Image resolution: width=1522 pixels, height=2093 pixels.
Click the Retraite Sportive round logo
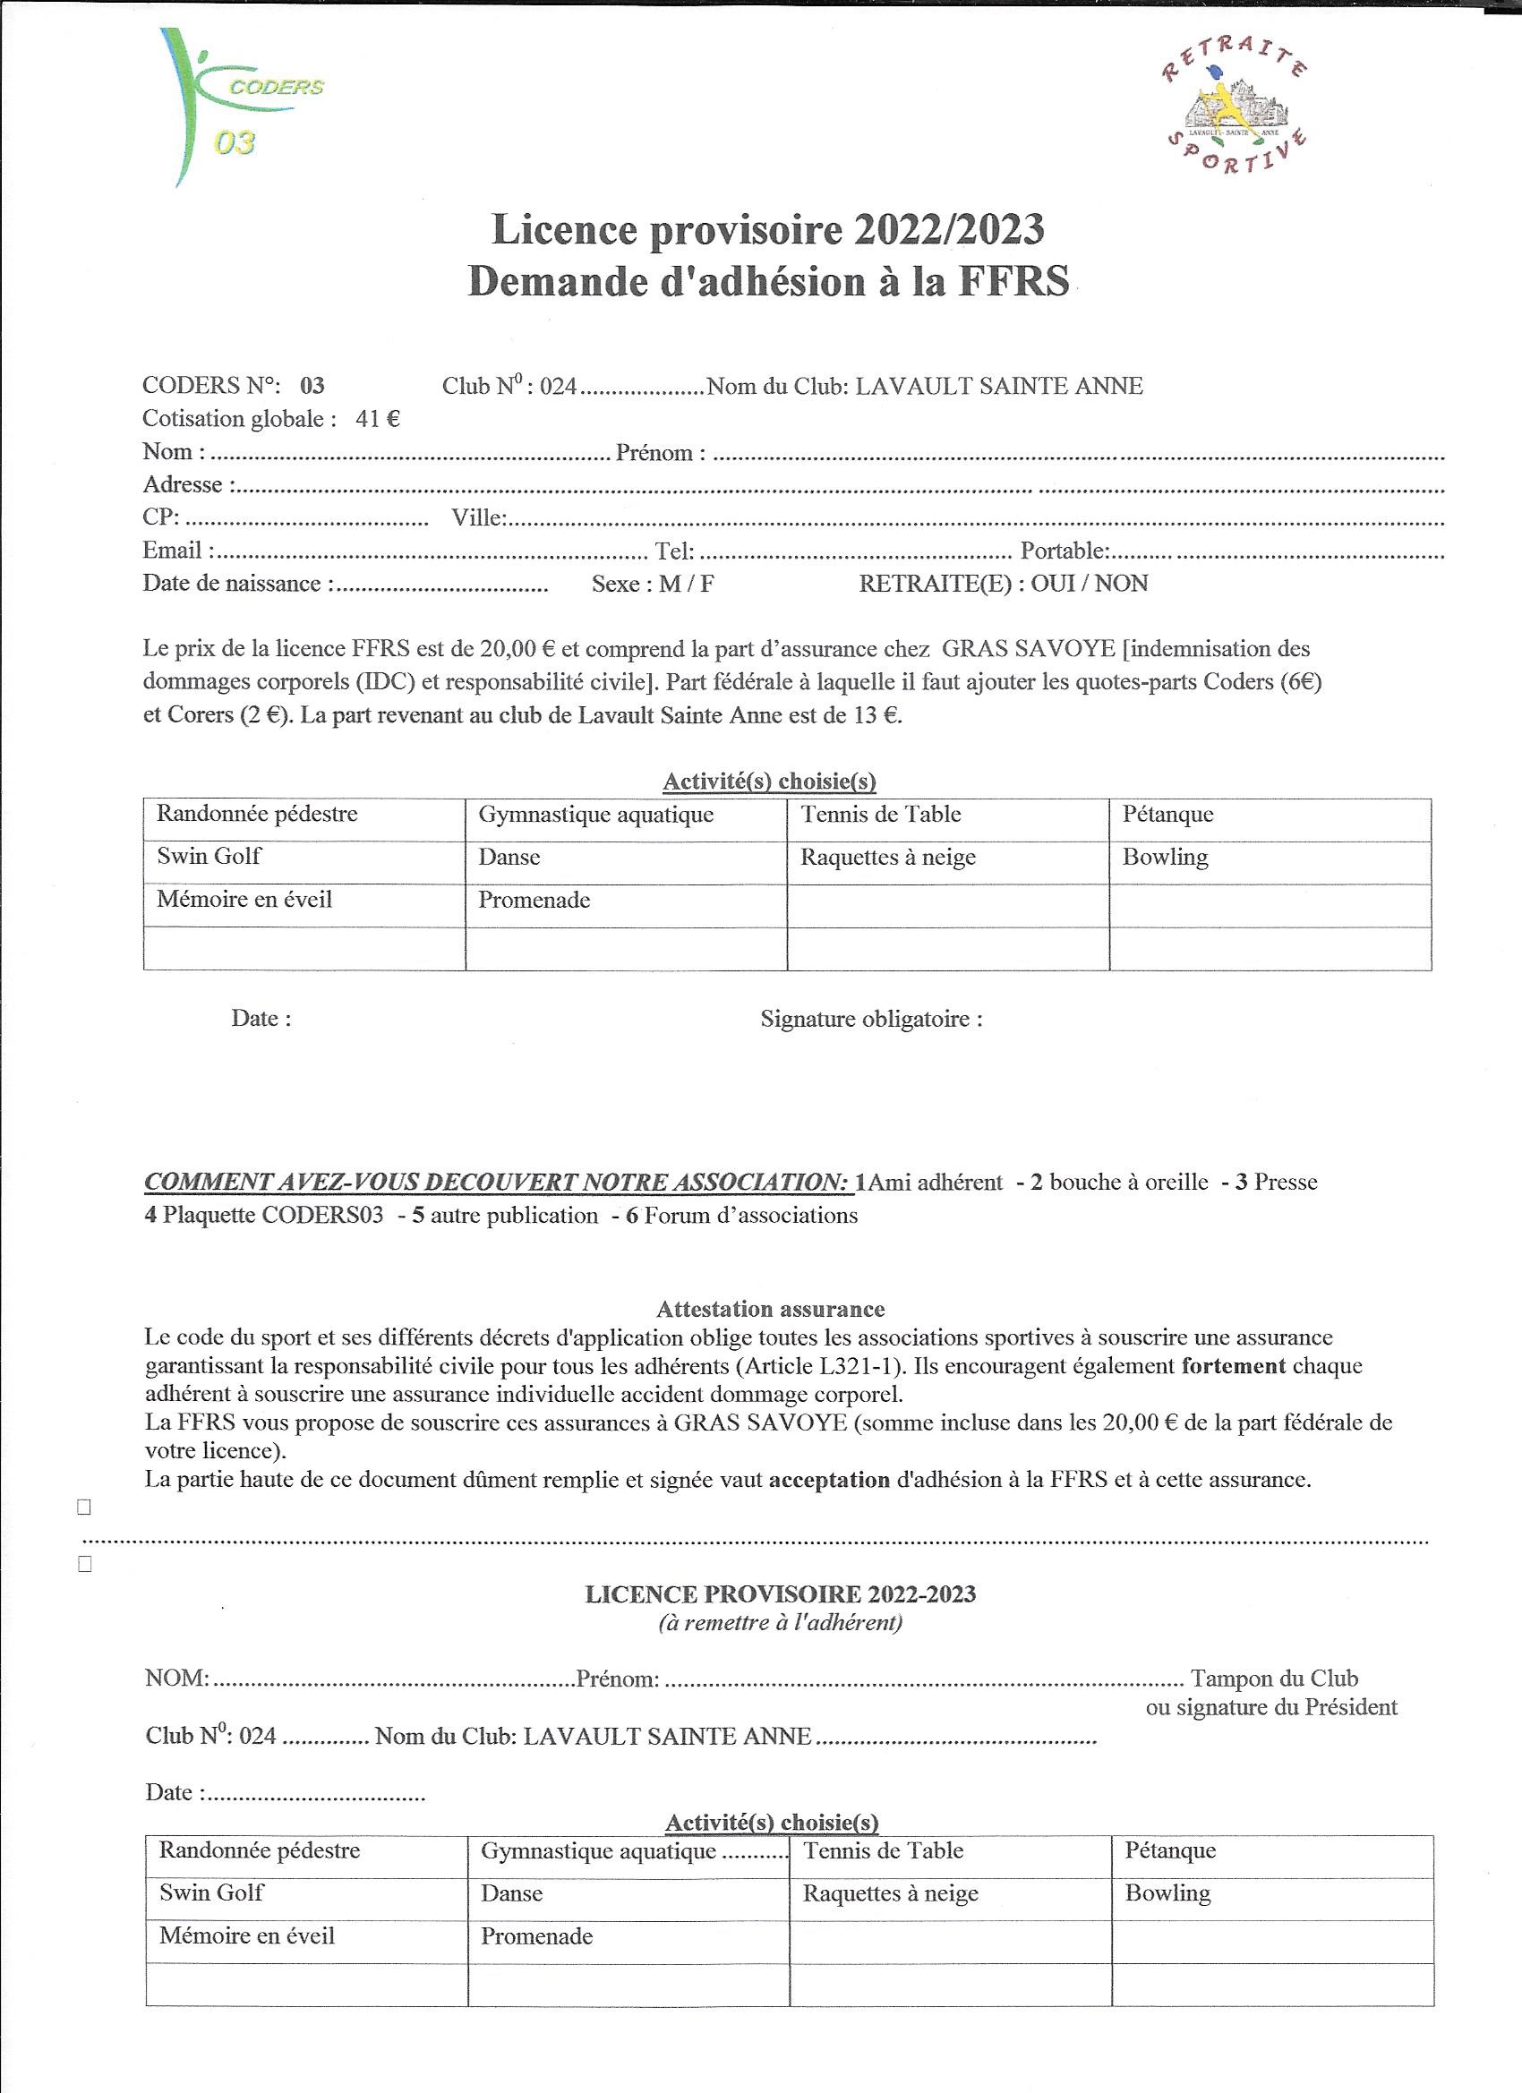click(x=1234, y=111)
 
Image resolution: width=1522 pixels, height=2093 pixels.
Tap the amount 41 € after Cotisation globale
click(x=378, y=419)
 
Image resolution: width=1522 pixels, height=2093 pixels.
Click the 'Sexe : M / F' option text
click(x=653, y=585)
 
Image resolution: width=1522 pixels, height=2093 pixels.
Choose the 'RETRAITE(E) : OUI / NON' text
click(x=1004, y=585)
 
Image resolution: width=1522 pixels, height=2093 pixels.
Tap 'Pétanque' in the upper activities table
click(x=1167, y=815)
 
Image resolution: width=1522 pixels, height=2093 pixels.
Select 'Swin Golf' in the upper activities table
click(x=209, y=857)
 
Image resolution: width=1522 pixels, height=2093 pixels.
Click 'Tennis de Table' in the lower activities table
click(x=884, y=1850)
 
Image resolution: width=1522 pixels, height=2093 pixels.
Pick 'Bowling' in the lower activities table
click(x=1167, y=1893)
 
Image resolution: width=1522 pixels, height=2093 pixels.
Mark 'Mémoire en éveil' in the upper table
click(x=244, y=900)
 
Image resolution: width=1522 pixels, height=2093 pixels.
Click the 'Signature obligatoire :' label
click(x=870, y=1020)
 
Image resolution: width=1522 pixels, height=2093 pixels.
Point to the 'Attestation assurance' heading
click(x=770, y=1309)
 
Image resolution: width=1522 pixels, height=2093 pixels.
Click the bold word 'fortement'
click(x=1233, y=1366)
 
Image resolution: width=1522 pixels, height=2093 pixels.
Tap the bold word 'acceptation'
click(x=829, y=1481)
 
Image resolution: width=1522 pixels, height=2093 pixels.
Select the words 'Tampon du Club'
click(x=1274, y=1679)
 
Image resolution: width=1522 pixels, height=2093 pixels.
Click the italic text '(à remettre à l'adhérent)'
click(x=780, y=1623)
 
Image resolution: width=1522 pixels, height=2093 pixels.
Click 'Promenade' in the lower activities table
click(x=536, y=1936)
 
